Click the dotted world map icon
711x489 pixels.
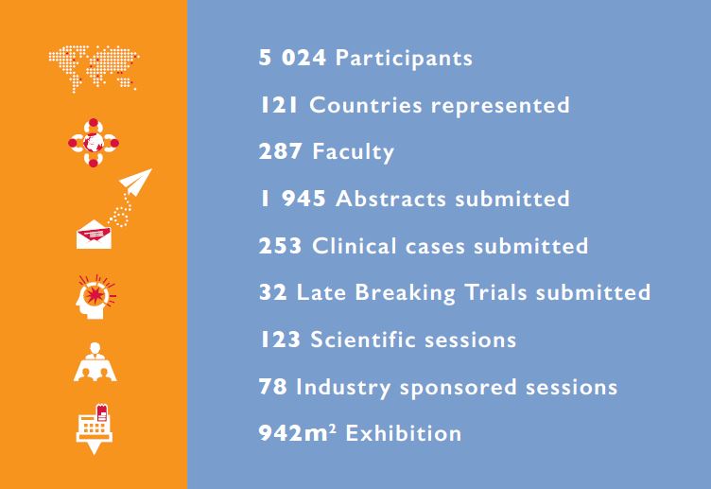[94, 68]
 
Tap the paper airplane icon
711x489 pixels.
[135, 182]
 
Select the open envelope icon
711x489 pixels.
[94, 234]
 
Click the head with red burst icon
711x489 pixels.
[95, 297]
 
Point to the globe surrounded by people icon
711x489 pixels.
[94, 143]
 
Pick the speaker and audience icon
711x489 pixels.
[95, 362]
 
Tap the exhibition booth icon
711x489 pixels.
[95, 428]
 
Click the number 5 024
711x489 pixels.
[292, 58]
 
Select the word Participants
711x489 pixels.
[404, 59]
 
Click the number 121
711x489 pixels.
[279, 105]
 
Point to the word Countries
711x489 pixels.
[366, 105]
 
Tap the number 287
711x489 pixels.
[280, 151]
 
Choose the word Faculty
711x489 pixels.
[354, 152]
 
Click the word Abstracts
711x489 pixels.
[390, 199]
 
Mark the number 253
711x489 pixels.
[280, 246]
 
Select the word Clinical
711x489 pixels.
[355, 245]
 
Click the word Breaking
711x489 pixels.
[405, 292]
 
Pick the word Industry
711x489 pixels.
[343, 388]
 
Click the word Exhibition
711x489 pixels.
[404, 433]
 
